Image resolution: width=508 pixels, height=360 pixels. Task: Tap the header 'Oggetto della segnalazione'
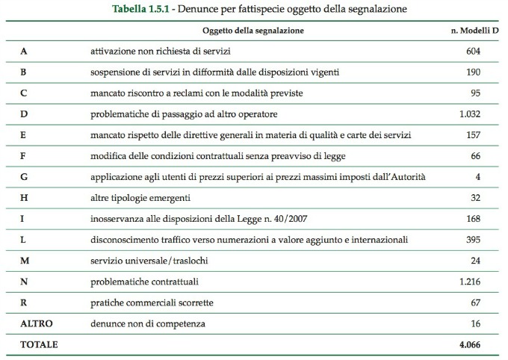click(x=253, y=31)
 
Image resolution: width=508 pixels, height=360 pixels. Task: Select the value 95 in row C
click(x=473, y=93)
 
